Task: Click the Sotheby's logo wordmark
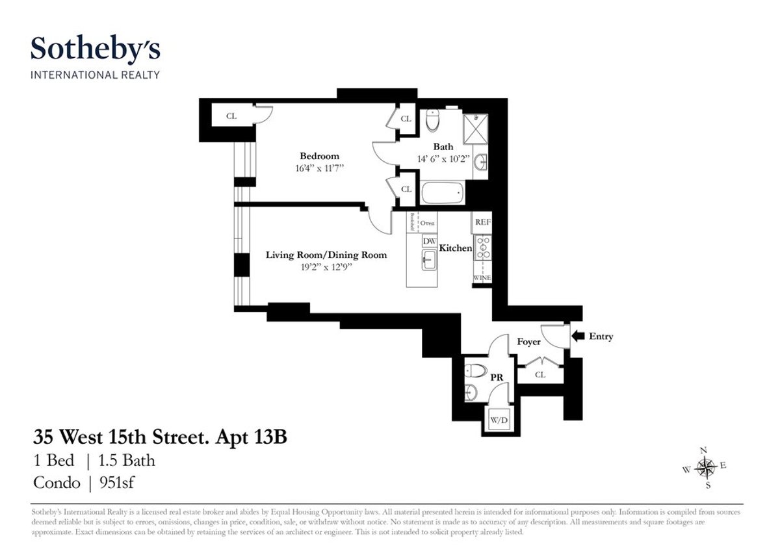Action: pyautogui.click(x=96, y=49)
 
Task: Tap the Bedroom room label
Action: pyautogui.click(x=319, y=156)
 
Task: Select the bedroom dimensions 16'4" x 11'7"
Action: pyautogui.click(x=319, y=168)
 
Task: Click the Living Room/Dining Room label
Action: pyautogui.click(x=326, y=255)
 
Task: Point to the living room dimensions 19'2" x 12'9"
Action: pyautogui.click(x=326, y=266)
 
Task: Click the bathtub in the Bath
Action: pyautogui.click(x=442, y=193)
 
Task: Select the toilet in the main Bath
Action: pyautogui.click(x=434, y=120)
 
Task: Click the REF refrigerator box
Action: pyautogui.click(x=482, y=222)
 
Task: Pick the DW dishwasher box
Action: pyautogui.click(x=429, y=241)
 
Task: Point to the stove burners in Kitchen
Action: pyautogui.click(x=482, y=248)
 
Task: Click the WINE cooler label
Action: pyautogui.click(x=482, y=278)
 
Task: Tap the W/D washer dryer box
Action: pyautogui.click(x=499, y=420)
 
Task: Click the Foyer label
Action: pyautogui.click(x=529, y=341)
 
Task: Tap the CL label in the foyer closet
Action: pyautogui.click(x=540, y=375)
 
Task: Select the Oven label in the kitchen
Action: pyautogui.click(x=427, y=223)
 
